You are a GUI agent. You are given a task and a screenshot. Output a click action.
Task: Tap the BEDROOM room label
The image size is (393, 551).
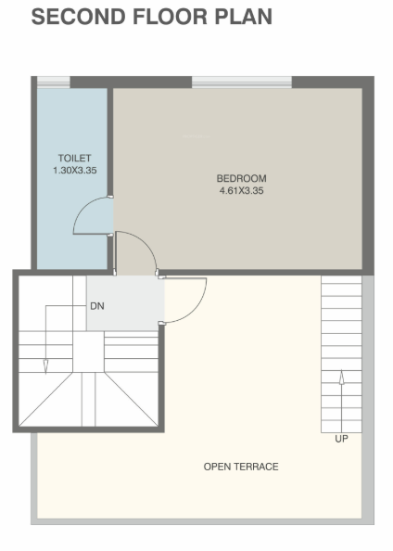[x=241, y=178]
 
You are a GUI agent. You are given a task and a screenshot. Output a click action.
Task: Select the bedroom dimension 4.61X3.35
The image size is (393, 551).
[x=241, y=191]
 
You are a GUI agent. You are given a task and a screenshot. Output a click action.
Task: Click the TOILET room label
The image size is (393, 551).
[x=74, y=158]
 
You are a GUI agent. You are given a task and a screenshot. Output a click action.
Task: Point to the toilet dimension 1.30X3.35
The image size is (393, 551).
[x=74, y=171]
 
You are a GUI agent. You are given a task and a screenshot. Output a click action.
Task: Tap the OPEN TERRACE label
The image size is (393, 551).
[x=241, y=467]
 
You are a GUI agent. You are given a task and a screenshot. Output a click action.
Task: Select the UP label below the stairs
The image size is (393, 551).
[x=341, y=439]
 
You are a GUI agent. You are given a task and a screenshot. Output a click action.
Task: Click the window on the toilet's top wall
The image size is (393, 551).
[x=52, y=83]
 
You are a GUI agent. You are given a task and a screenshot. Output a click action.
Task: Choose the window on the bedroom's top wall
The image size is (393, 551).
[x=241, y=83]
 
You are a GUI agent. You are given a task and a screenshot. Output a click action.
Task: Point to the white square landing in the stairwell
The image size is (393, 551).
[x=89, y=352]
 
